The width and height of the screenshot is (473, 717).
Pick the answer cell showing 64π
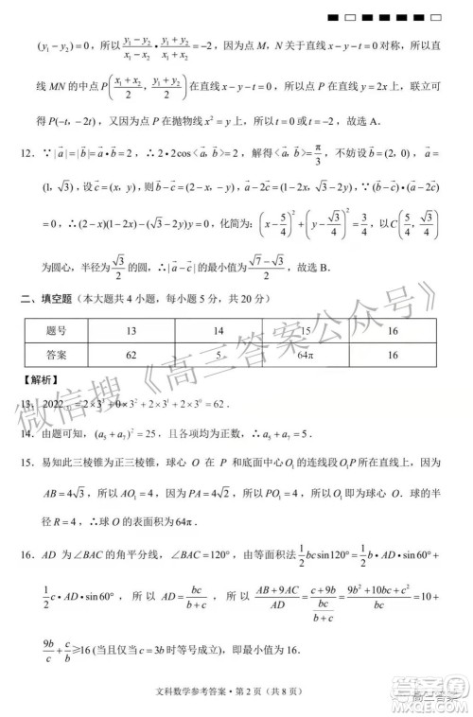306,355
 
